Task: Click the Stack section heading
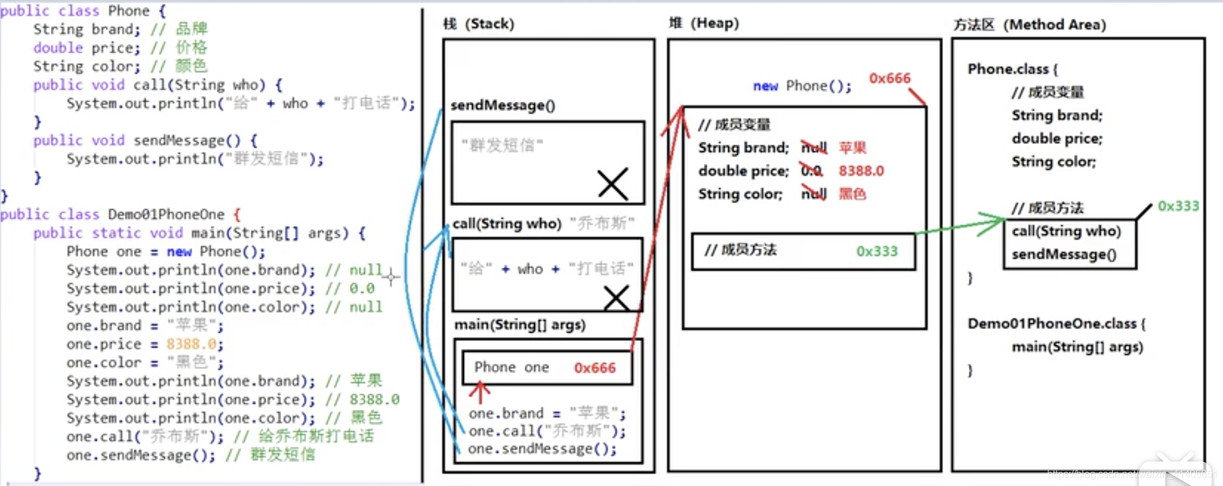[x=478, y=24]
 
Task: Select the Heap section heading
[x=704, y=23]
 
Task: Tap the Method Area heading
[x=1030, y=24]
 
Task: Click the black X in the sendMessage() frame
[x=612, y=184]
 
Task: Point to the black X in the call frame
[x=616, y=298]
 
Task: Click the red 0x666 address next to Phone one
[x=595, y=368]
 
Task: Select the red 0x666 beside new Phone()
[x=889, y=78]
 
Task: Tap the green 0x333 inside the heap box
[x=876, y=251]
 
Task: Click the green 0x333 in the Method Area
[x=1178, y=206]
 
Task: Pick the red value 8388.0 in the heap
[x=861, y=171]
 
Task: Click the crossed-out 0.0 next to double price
[x=811, y=170]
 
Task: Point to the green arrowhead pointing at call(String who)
[x=995, y=223]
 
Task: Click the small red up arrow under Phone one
[x=480, y=392]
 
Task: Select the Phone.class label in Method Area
[x=1008, y=69]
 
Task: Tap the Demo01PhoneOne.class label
[x=1052, y=324]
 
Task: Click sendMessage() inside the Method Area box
[x=1064, y=254]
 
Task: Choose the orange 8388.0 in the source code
[x=191, y=344]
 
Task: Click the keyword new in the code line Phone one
[x=179, y=252]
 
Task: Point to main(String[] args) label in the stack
[x=520, y=325]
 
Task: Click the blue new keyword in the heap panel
[x=765, y=86]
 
